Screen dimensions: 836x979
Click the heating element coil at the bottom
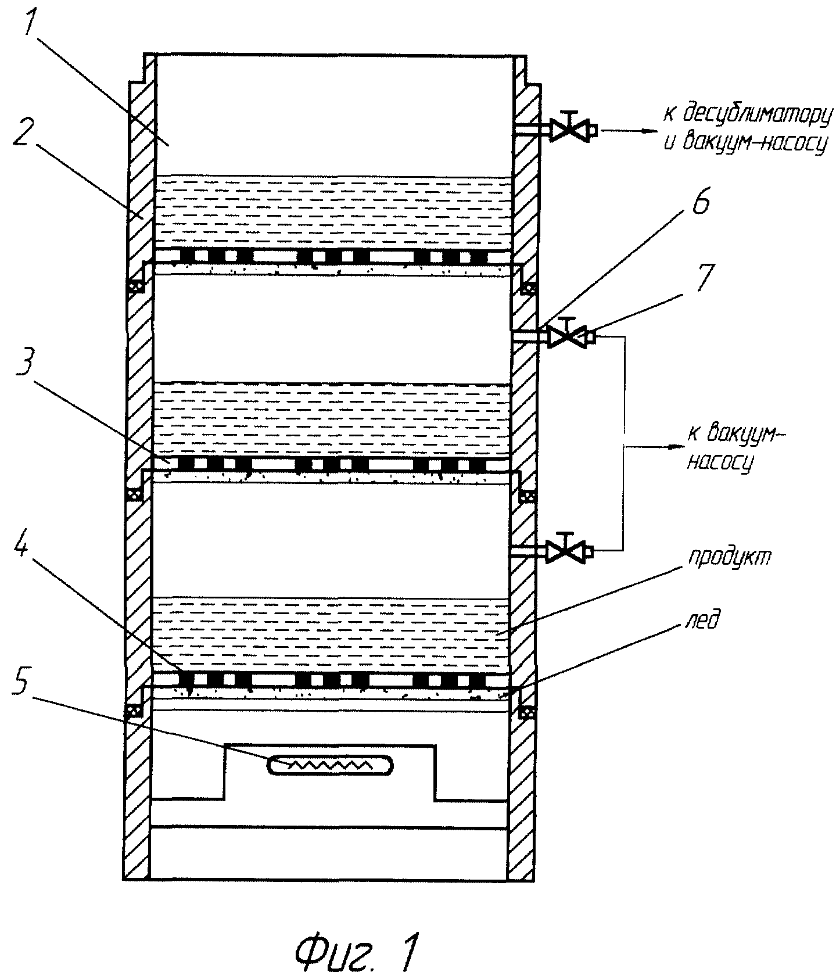[x=329, y=765]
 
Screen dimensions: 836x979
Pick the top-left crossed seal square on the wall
[x=135, y=287]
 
